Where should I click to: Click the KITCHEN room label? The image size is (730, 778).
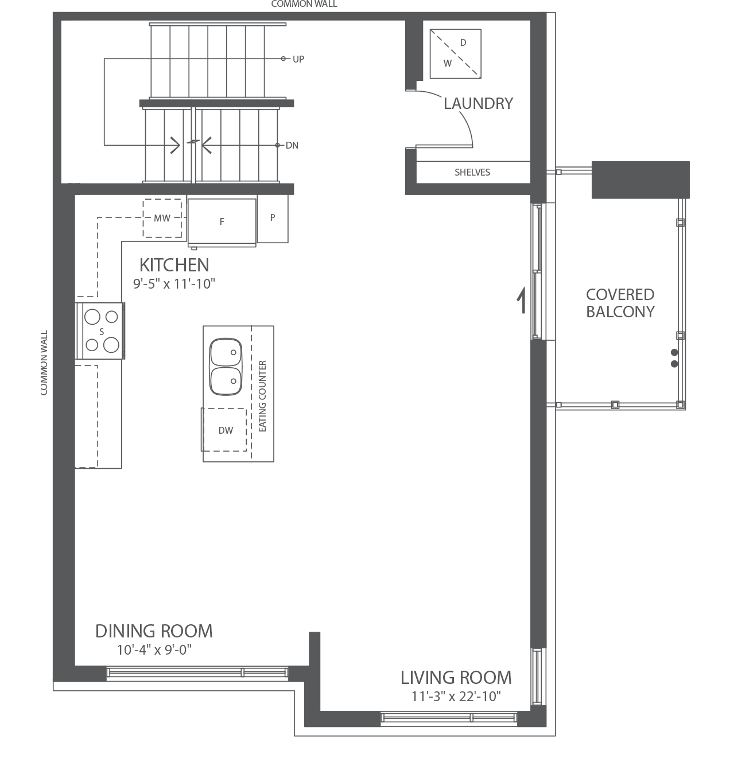(x=174, y=265)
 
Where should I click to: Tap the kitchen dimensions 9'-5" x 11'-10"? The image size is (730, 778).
(x=174, y=283)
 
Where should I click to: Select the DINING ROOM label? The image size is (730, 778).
(x=154, y=631)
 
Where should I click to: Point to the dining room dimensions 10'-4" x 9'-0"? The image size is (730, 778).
(x=154, y=650)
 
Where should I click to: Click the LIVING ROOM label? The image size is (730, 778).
(x=456, y=678)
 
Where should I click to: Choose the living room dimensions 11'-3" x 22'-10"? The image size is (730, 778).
(x=456, y=697)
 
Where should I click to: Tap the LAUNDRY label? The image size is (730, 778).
(x=478, y=104)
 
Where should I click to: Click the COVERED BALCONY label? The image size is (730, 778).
(x=620, y=303)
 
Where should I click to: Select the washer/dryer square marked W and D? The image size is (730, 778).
(x=456, y=53)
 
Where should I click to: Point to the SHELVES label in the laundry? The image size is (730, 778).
(x=472, y=172)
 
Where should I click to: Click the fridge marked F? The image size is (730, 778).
(x=222, y=221)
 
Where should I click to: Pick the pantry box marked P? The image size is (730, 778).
(x=273, y=218)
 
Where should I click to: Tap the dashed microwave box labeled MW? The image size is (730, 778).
(x=162, y=218)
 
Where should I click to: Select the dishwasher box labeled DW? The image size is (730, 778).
(x=226, y=430)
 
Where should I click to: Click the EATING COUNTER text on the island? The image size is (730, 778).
(x=263, y=396)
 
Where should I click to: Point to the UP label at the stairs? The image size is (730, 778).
(x=298, y=59)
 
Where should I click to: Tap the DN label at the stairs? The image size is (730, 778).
(x=292, y=146)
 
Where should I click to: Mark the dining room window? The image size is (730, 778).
(x=197, y=673)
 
